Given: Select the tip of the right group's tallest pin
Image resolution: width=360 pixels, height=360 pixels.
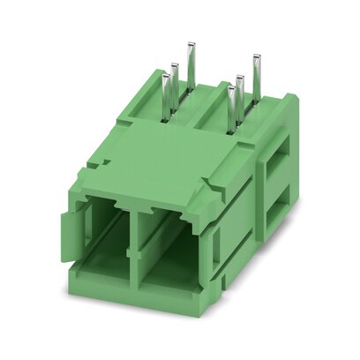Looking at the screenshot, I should tap(256, 57).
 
